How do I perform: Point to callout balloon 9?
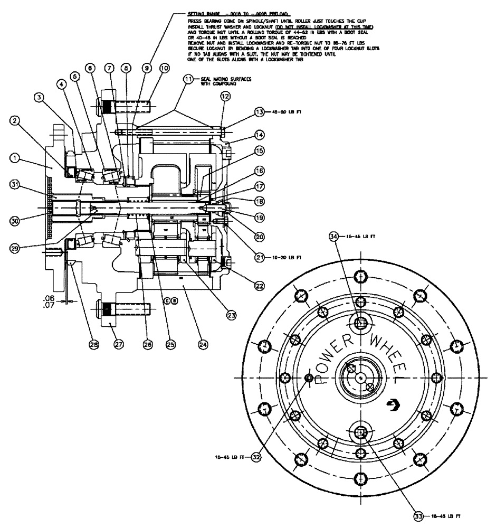point(147,68)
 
